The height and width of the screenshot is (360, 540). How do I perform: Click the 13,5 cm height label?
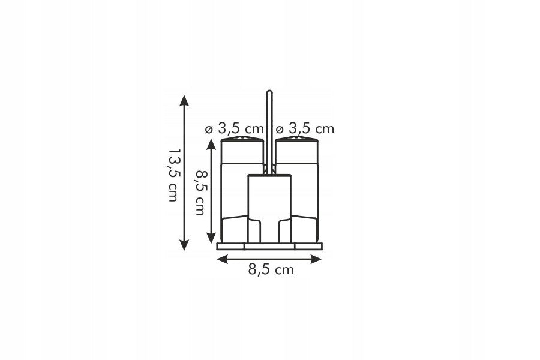pyautogui.click(x=173, y=175)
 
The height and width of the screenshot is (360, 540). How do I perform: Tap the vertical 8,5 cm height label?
pyautogui.click(x=200, y=192)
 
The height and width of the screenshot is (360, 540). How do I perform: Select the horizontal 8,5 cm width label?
pyautogui.click(x=271, y=269)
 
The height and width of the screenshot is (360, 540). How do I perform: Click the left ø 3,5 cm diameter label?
pyautogui.click(x=234, y=129)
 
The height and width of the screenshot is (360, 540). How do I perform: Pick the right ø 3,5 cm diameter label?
pyautogui.click(x=305, y=129)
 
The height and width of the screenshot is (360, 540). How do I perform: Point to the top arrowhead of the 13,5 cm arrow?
pyautogui.click(x=184, y=100)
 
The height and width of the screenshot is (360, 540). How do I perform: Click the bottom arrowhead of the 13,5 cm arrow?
pyautogui.click(x=184, y=245)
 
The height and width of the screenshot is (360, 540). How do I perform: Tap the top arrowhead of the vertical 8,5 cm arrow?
pyautogui.click(x=211, y=144)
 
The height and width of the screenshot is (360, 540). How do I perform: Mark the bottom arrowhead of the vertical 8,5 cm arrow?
pyautogui.click(x=211, y=238)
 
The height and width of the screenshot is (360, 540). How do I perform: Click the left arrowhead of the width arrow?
pyautogui.click(x=222, y=259)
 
